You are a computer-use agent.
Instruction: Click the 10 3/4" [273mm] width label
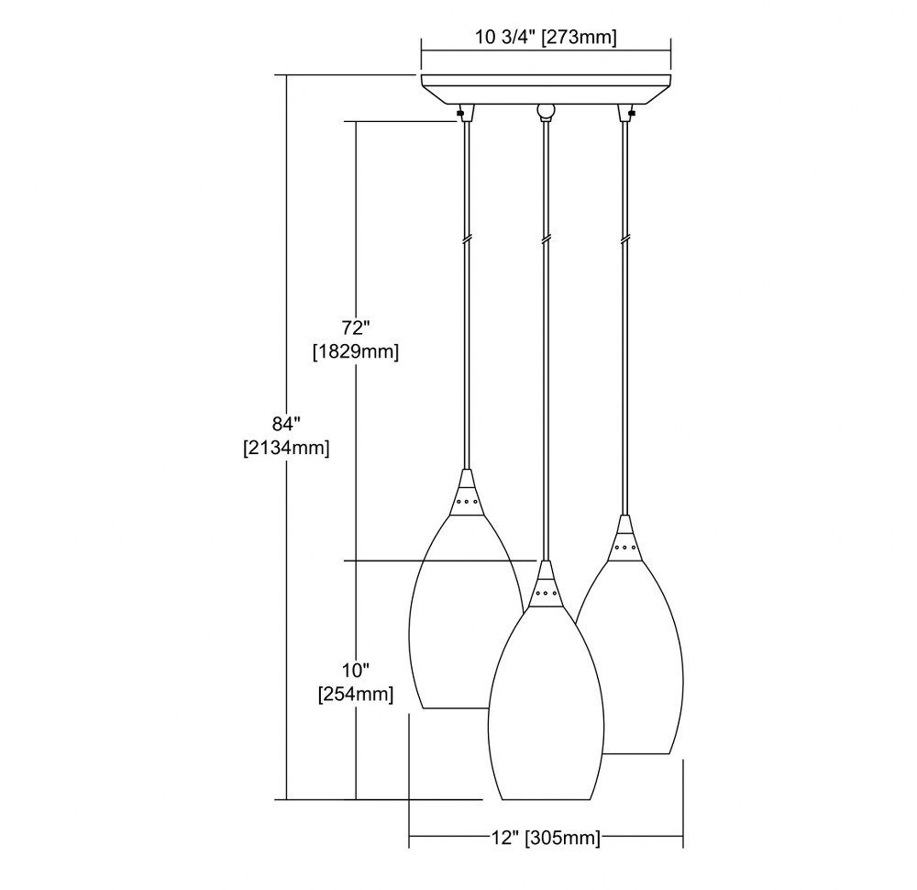click(546, 38)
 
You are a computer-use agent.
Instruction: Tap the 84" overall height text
click(286, 422)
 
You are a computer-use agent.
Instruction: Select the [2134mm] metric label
click(286, 449)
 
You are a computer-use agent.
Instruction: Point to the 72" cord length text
click(356, 327)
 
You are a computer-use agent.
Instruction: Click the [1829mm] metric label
click(356, 352)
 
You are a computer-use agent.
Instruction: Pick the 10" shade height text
click(356, 670)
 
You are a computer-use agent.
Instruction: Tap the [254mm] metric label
click(356, 695)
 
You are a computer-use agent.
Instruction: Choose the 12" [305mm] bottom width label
click(546, 838)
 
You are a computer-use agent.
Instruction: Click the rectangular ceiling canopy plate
click(547, 89)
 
